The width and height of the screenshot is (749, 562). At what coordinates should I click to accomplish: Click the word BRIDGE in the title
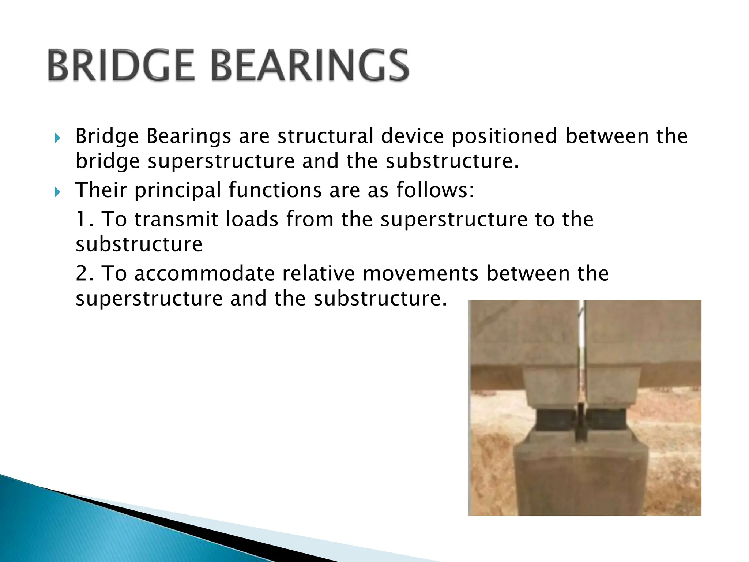121,66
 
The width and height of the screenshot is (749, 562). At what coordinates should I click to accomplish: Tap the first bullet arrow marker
57,138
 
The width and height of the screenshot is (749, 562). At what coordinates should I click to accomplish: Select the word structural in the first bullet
325,136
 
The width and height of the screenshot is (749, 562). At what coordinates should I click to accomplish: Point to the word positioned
504,136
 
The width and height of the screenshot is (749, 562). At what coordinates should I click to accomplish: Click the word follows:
435,190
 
